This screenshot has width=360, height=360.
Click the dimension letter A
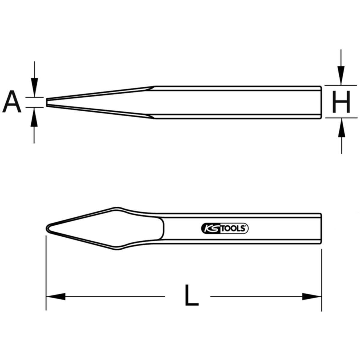[12, 102]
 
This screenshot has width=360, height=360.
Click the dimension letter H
[341, 102]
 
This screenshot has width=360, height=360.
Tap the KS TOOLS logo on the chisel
[225, 229]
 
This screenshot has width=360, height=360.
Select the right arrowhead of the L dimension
[312, 296]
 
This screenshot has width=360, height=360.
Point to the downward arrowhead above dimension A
[34, 87]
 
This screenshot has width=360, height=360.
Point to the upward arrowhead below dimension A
[34, 117]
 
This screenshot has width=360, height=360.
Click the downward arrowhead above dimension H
[341, 76]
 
